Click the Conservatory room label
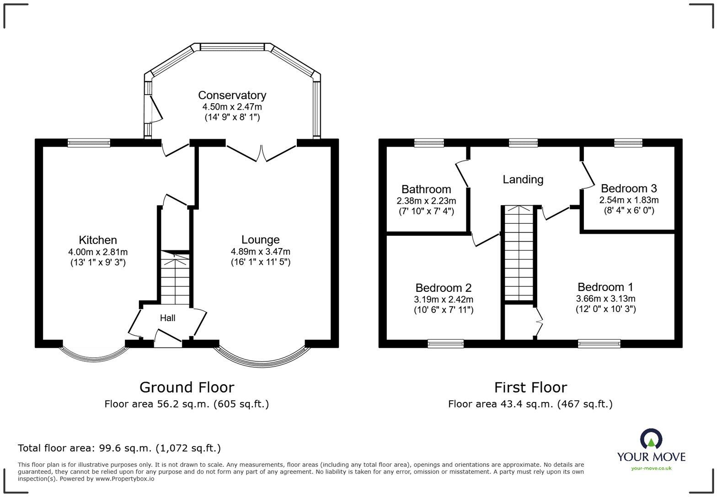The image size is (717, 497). click(x=232, y=95)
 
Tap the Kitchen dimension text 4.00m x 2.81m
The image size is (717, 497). click(x=98, y=252)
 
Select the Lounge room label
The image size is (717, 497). click(x=261, y=239)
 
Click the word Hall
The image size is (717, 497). click(x=168, y=318)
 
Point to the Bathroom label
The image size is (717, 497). click(x=426, y=189)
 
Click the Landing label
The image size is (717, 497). click(x=523, y=180)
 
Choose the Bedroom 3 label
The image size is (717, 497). click(x=629, y=188)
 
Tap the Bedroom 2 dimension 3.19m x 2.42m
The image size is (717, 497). click(x=444, y=299)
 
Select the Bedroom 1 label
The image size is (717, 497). click(x=605, y=287)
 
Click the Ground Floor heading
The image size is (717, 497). click(x=187, y=387)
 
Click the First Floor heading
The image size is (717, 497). click(x=531, y=387)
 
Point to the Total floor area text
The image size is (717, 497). click(x=119, y=448)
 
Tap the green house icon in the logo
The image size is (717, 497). click(x=651, y=443)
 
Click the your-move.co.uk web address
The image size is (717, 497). click(x=651, y=469)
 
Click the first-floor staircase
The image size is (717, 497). click(x=519, y=254)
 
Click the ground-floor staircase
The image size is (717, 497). click(x=175, y=278)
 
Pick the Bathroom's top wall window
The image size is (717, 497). click(x=429, y=143)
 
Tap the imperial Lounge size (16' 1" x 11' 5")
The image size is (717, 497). click(x=261, y=262)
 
